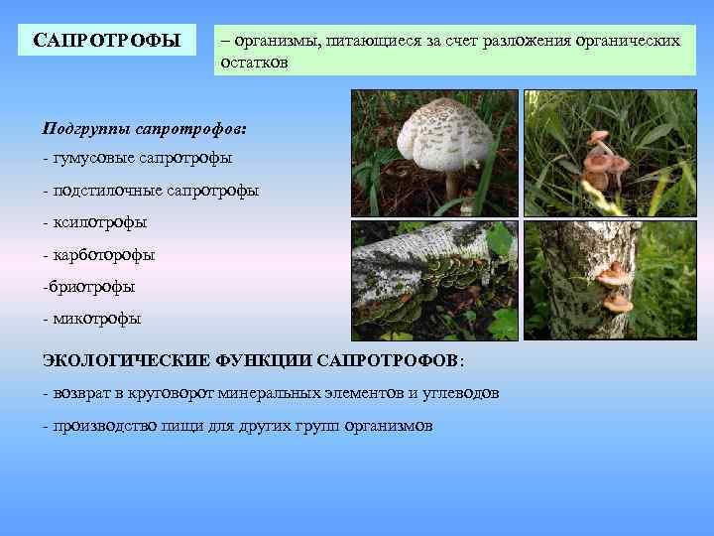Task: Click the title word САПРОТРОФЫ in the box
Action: click(107, 41)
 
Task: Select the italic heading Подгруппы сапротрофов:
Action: click(145, 129)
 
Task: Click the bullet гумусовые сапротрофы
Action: click(138, 159)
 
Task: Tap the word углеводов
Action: click(461, 393)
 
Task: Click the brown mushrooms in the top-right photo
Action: click(602, 159)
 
